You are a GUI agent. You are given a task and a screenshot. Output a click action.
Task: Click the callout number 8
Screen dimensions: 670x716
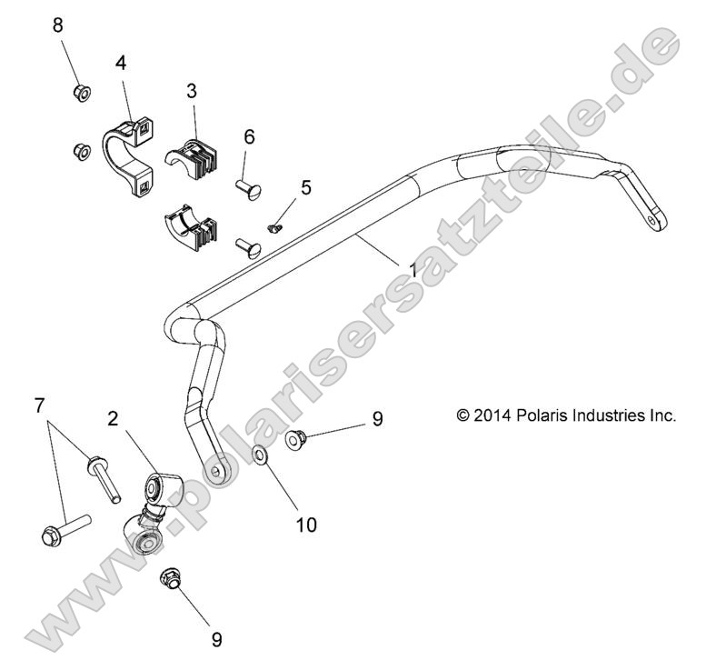pos(58,25)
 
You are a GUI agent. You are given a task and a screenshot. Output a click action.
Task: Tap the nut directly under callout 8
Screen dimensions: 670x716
pos(79,91)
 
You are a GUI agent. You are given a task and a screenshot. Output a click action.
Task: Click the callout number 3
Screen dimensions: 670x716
pos(192,91)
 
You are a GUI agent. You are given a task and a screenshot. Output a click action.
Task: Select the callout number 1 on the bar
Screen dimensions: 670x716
pos(414,270)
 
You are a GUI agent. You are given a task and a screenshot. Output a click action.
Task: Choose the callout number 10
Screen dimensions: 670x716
pos(306,525)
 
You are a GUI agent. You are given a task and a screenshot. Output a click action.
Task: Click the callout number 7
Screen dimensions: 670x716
pos(38,406)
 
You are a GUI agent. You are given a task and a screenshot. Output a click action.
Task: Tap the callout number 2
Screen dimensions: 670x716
pos(113,419)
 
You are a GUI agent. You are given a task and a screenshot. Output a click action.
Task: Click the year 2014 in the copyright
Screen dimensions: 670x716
pos(492,415)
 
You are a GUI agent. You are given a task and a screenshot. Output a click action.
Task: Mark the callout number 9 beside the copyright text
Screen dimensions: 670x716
pos(377,419)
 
